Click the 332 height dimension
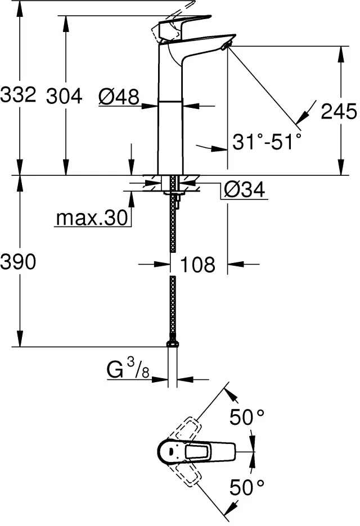point(18,94)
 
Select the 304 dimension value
point(64,96)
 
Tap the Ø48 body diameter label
point(119,97)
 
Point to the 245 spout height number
point(339,111)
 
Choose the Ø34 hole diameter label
point(245,189)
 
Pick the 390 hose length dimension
point(18,262)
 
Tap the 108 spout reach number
point(198,264)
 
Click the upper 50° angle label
point(247,418)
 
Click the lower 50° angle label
point(247,487)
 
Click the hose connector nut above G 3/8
point(173,344)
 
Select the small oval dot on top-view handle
point(171,451)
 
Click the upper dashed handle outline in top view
point(187,431)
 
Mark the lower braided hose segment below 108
point(173,309)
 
